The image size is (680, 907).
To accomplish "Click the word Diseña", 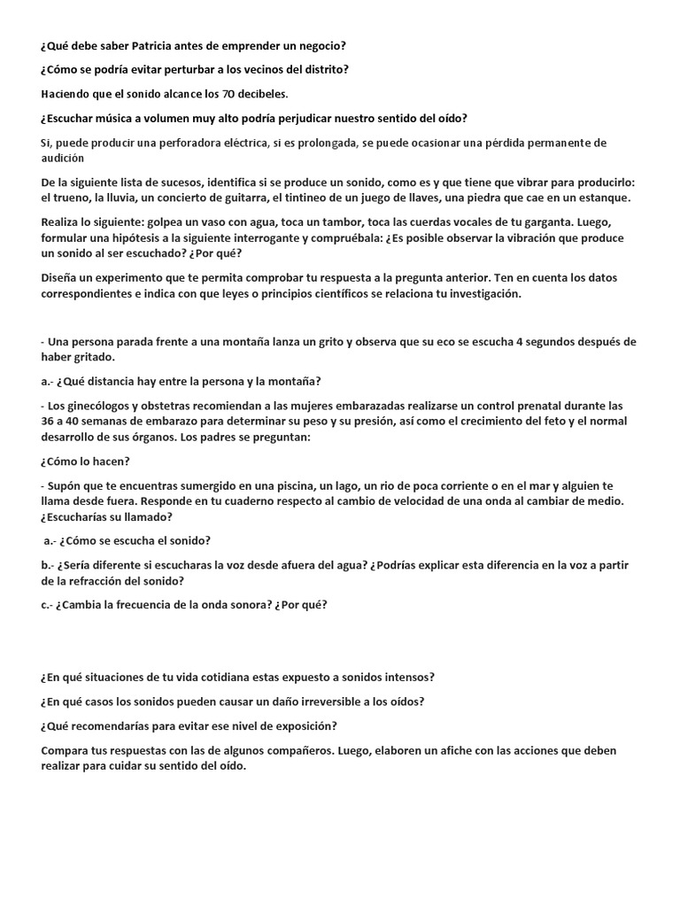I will pyautogui.click(x=60, y=278).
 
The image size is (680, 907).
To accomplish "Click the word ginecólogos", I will pyautogui.click(x=106, y=406).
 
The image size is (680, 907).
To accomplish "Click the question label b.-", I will pyautogui.click(x=49, y=565).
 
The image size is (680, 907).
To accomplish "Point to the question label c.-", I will pyautogui.click(x=48, y=605).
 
